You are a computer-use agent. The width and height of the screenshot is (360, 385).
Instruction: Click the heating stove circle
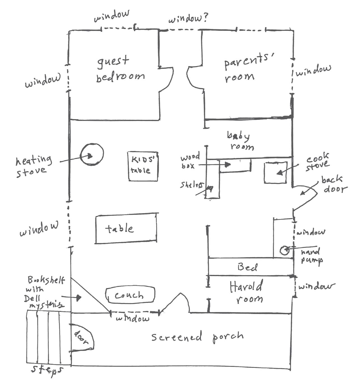coord(91,155)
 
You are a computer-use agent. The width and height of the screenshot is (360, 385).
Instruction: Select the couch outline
coord(130,295)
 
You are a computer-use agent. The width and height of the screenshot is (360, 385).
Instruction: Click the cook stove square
coord(276,172)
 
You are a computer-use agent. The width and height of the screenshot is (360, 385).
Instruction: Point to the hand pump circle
coord(284,250)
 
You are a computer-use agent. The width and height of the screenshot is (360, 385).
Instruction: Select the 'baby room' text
coord(240,141)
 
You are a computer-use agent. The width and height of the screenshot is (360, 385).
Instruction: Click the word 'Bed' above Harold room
coord(247,267)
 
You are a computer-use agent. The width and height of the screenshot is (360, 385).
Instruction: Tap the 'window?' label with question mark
coord(188,19)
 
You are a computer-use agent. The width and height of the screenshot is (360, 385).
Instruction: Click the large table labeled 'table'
coord(126,228)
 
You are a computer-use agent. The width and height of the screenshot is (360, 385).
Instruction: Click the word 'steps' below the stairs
coord(47,370)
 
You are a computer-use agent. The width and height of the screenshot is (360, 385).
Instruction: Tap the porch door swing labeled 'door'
coord(82,337)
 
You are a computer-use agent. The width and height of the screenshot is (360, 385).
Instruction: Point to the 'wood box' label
coord(190,161)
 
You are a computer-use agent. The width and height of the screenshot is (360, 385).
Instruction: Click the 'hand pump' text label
coord(311,256)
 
